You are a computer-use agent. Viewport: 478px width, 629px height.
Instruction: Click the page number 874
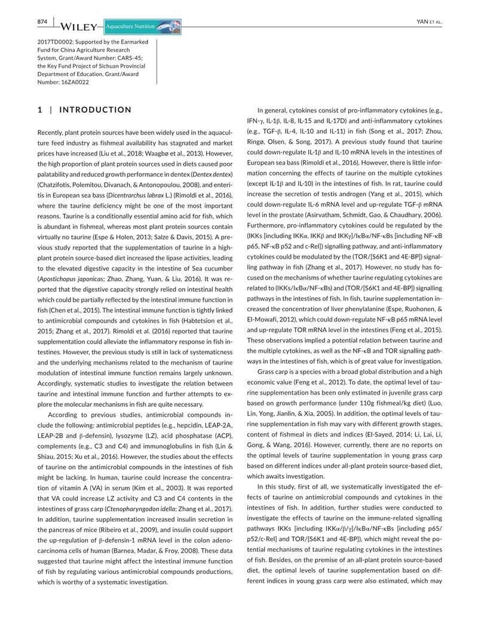coord(42,22)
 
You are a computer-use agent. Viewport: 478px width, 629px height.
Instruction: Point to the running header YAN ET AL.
coord(428,22)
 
